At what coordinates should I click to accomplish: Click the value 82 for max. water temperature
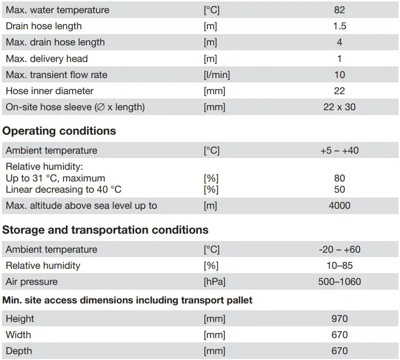pyautogui.click(x=340, y=10)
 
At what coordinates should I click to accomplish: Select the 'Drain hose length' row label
pyautogui.click(x=44, y=26)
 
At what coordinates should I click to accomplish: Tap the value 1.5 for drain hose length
pyautogui.click(x=340, y=26)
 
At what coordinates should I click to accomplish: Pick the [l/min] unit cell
pyautogui.click(x=217, y=75)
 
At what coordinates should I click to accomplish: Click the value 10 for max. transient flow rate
pyautogui.click(x=340, y=75)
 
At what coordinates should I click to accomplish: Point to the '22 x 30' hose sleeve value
pyautogui.click(x=340, y=107)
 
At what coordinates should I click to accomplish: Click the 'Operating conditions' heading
pyautogui.click(x=59, y=131)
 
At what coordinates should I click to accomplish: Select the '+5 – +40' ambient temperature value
pyautogui.click(x=340, y=150)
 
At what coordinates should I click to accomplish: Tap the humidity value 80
pyautogui.click(x=340, y=178)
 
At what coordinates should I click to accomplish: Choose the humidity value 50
pyautogui.click(x=340, y=189)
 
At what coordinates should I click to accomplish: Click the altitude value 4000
pyautogui.click(x=340, y=205)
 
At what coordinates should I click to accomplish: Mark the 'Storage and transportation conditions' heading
pyautogui.click(x=105, y=230)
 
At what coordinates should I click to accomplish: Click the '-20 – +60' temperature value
pyautogui.click(x=340, y=249)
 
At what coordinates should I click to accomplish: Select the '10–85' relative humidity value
pyautogui.click(x=340, y=265)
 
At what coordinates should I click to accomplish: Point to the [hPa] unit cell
pyautogui.click(x=215, y=281)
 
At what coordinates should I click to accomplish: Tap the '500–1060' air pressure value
pyautogui.click(x=340, y=281)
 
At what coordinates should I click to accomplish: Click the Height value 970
pyautogui.click(x=340, y=319)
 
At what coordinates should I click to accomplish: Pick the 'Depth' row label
pyautogui.click(x=19, y=351)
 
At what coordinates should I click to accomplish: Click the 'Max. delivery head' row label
pyautogui.click(x=47, y=59)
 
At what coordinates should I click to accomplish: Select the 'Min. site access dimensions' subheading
pyautogui.click(x=127, y=300)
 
